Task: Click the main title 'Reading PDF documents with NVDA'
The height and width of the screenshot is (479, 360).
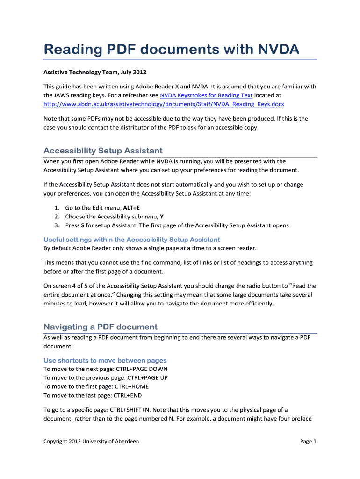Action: click(x=171, y=49)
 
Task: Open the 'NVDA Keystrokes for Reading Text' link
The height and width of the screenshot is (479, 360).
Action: click(x=206, y=95)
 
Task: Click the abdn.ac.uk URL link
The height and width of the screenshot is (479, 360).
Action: click(x=164, y=104)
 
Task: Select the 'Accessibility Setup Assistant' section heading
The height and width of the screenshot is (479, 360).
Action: click(x=103, y=151)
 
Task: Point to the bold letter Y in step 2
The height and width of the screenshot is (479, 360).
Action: click(x=162, y=217)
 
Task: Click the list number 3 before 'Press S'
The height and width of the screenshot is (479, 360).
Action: click(x=56, y=225)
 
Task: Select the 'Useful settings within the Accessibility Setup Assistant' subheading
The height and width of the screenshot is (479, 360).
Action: click(x=132, y=239)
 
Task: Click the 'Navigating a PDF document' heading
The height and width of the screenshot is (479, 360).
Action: click(x=101, y=327)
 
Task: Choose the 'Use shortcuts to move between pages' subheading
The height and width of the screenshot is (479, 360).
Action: click(x=105, y=360)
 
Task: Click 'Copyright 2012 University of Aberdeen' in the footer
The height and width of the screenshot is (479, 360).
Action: click(x=91, y=441)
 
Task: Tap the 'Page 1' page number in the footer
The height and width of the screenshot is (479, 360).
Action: click(x=308, y=441)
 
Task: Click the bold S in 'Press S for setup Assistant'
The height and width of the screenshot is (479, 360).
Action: click(x=83, y=225)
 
